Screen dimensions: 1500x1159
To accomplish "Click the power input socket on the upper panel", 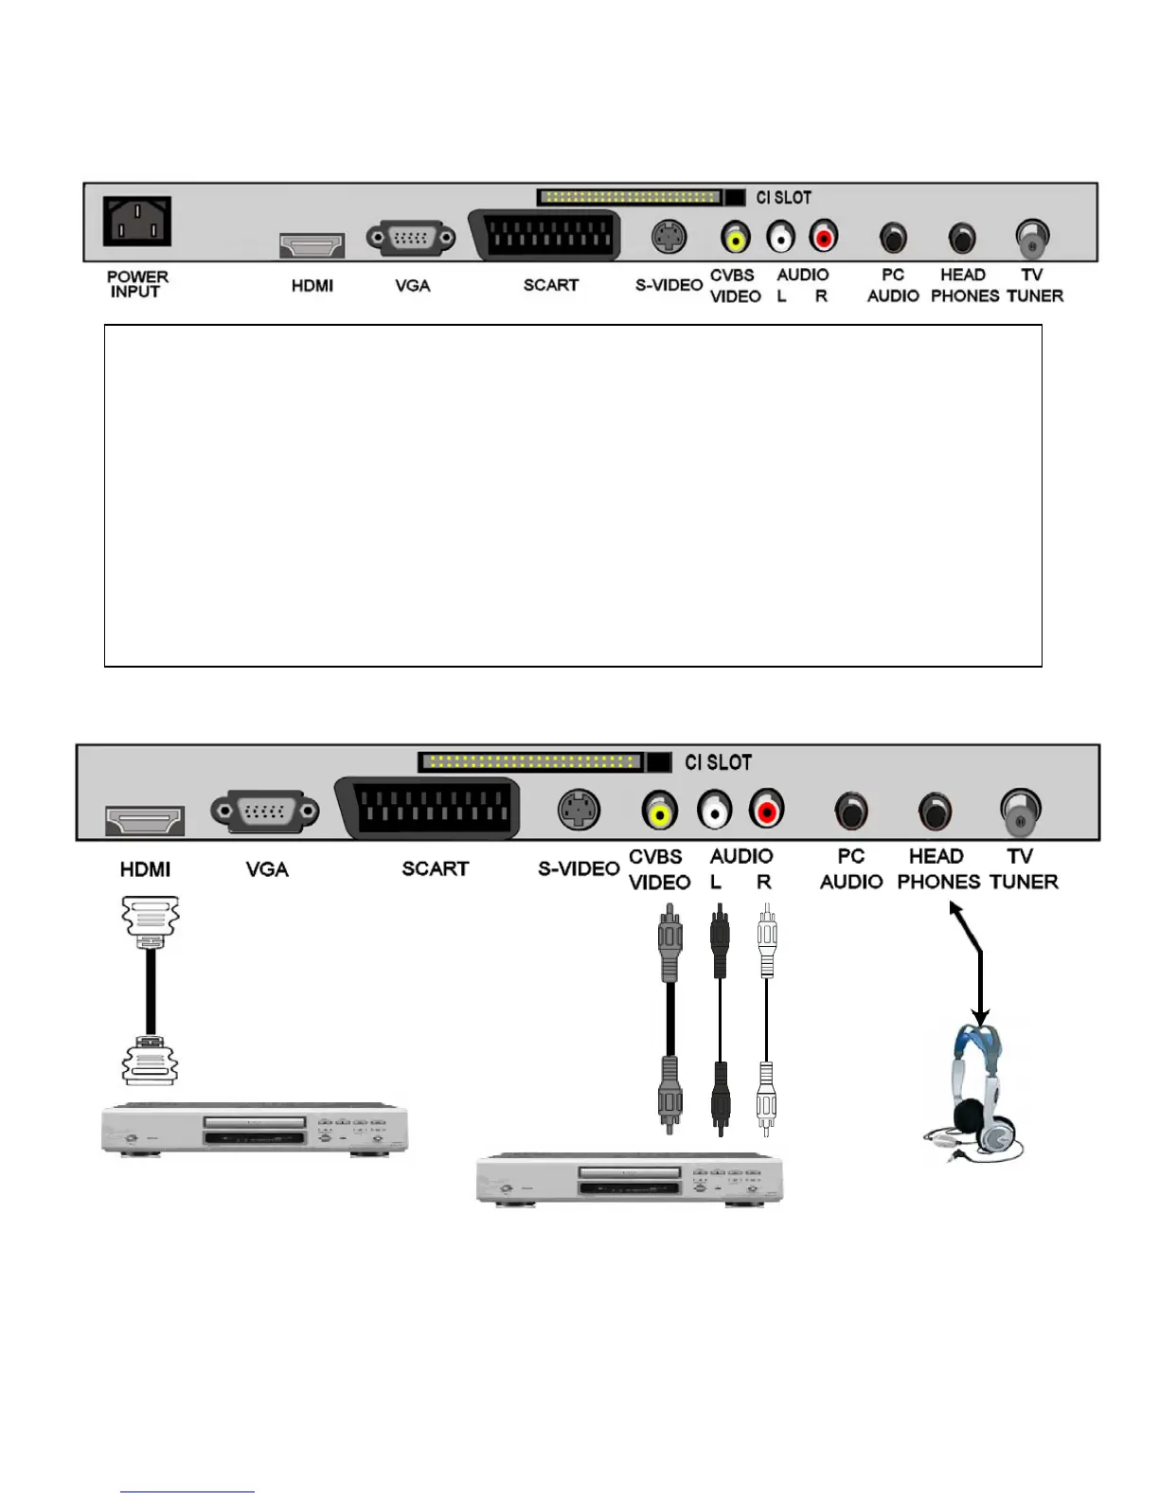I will (136, 222).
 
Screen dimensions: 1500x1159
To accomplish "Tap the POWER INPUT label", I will (137, 284).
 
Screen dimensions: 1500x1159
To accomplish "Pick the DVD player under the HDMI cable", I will (254, 1129).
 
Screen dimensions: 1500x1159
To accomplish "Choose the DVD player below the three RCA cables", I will (629, 1179).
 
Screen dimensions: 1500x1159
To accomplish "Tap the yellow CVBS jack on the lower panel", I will (660, 811).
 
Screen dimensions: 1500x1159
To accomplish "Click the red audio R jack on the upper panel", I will (824, 236).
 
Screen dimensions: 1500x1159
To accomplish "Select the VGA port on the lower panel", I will (265, 812).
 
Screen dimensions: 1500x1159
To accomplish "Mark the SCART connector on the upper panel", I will (544, 235).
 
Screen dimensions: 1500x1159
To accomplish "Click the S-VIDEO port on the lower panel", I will (579, 811).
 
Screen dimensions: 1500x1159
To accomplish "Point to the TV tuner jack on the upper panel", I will (1031, 237).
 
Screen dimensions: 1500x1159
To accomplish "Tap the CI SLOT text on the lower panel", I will (718, 762).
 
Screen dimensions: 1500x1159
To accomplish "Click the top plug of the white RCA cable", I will (767, 937).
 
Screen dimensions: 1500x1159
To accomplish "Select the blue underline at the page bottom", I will (187, 1492).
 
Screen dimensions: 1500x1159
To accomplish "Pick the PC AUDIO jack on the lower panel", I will (850, 811).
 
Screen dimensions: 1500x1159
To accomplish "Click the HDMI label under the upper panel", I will (312, 285).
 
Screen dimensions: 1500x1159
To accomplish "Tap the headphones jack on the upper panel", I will (962, 237).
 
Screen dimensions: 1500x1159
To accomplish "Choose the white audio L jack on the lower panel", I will (715, 811).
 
